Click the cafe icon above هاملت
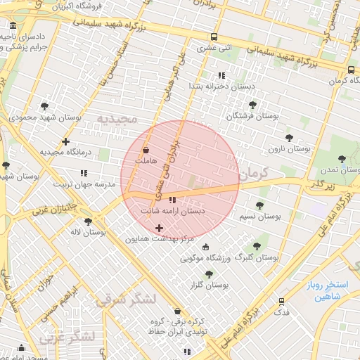tap(146, 150)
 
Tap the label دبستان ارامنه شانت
tap(172, 210)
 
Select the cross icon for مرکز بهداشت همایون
tap(159, 228)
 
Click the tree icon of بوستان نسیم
tap(259, 205)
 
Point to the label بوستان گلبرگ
tap(258, 258)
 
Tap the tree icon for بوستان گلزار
tap(207, 274)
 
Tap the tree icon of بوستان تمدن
tap(342, 159)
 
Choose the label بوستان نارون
tap(289, 149)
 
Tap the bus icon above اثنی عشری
tap(214, 37)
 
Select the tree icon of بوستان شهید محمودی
tap(45, 106)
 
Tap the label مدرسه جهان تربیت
tap(84, 184)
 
